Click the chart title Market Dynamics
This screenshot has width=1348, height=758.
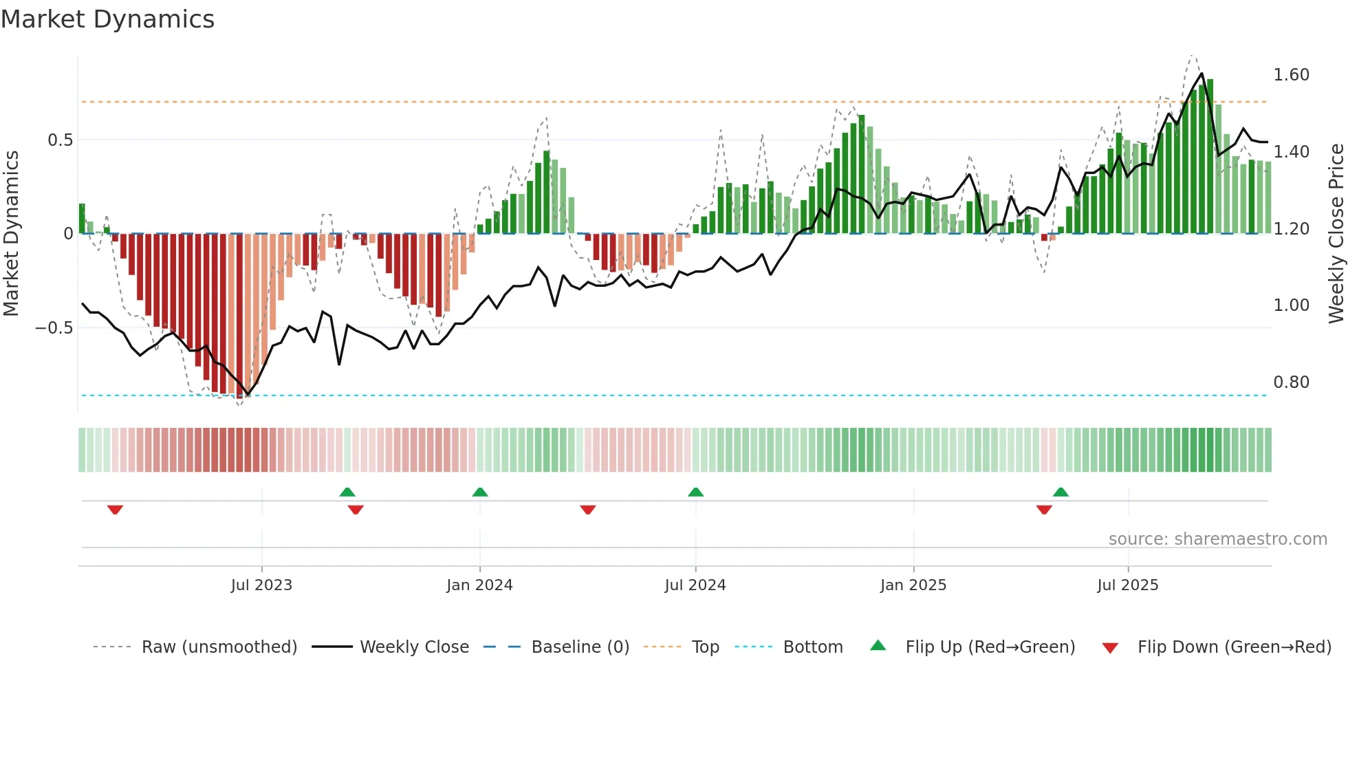[108, 19]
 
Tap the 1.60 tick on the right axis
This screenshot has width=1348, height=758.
[1291, 75]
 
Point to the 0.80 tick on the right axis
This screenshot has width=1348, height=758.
[1291, 382]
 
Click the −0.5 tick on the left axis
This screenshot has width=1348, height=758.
[54, 328]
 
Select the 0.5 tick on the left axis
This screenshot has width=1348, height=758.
[60, 140]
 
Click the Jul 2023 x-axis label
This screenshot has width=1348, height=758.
[261, 585]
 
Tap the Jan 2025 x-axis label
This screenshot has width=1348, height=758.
[913, 585]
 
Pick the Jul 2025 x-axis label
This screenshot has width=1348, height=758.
[1127, 585]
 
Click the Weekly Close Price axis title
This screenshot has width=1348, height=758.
[1336, 234]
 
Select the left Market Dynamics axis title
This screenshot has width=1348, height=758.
[11, 234]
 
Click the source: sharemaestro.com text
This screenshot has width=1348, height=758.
[1217, 539]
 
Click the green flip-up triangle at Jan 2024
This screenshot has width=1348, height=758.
[480, 492]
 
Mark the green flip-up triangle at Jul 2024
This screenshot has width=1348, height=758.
[695, 492]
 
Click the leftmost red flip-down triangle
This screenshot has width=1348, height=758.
[115, 510]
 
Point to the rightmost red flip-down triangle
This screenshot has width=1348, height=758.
[1044, 510]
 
